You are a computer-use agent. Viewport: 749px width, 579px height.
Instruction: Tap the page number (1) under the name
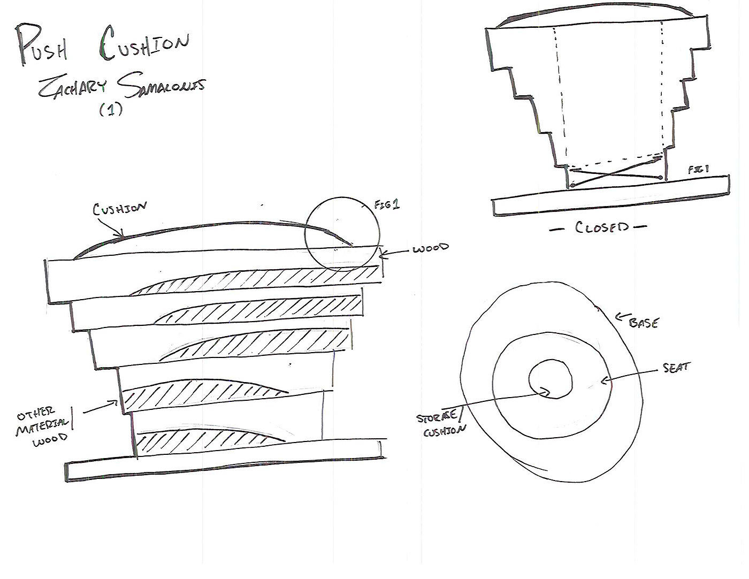[x=111, y=110]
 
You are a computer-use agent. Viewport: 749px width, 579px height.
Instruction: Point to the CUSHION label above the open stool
[x=118, y=209]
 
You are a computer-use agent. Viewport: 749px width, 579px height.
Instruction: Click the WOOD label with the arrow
[x=431, y=249]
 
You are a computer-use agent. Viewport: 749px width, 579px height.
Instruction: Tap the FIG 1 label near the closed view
[x=698, y=169]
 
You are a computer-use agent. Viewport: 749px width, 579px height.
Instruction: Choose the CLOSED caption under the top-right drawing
[x=602, y=227]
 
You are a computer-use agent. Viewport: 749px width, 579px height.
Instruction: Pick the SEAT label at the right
[x=676, y=368]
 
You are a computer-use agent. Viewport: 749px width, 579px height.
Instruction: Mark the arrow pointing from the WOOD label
[x=395, y=253]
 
